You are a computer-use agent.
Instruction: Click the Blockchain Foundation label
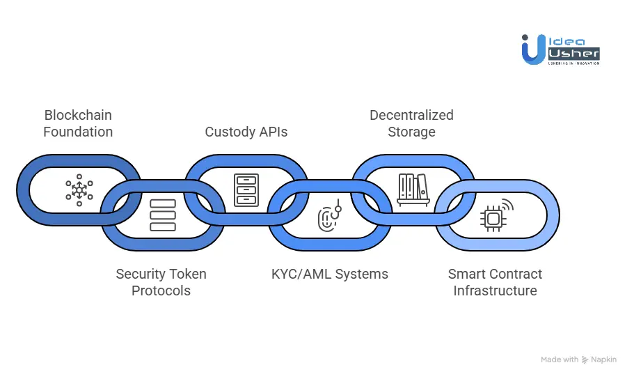coord(78,123)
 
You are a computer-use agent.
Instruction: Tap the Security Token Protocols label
coord(161,282)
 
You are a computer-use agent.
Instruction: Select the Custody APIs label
coord(246,132)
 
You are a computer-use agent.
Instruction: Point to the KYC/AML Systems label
coord(330,274)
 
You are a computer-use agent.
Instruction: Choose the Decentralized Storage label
coord(411,123)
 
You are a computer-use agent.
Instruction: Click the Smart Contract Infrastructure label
coord(495,282)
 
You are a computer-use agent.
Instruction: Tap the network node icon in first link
coord(79,189)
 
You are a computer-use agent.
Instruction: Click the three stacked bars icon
coord(162,216)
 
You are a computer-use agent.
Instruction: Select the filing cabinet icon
coord(246,189)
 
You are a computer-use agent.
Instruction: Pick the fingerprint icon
coord(328,217)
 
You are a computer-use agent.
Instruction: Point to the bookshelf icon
coord(413,189)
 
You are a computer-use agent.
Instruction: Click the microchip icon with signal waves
coord(495,216)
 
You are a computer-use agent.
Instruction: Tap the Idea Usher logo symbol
coord(533,49)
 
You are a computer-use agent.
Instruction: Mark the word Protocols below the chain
coord(161,291)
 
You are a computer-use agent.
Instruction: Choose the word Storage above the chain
coord(411,132)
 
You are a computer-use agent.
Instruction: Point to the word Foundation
coord(78,132)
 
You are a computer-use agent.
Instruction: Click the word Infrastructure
coord(495,291)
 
